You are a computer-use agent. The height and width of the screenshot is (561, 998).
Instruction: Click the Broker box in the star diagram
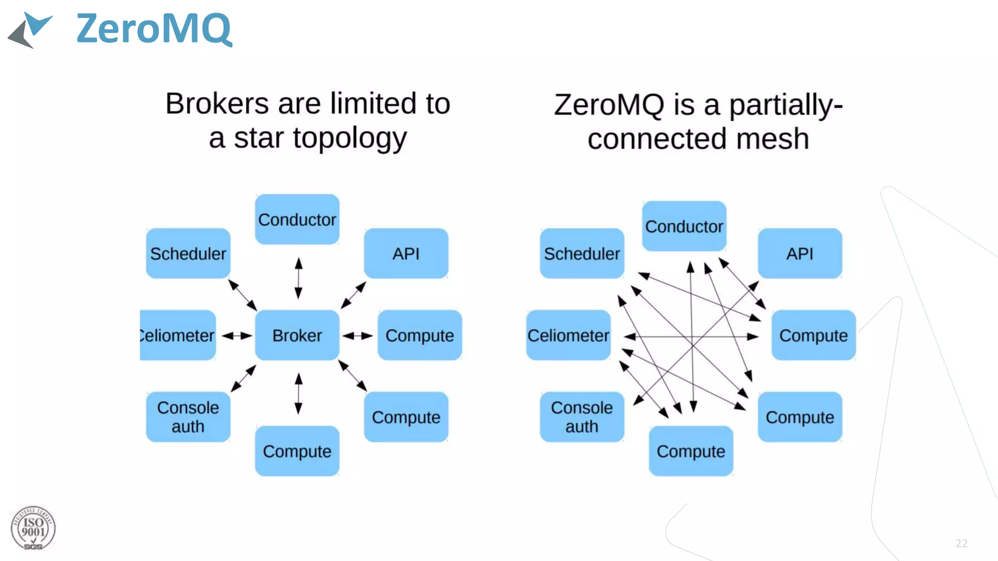tap(297, 336)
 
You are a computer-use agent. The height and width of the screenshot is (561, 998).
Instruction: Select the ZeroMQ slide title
tap(154, 29)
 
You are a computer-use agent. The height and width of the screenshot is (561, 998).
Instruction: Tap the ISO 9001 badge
tap(33, 528)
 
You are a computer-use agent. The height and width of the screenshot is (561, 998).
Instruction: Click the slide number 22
tap(961, 543)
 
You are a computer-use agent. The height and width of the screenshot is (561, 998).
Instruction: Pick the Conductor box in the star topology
tap(297, 220)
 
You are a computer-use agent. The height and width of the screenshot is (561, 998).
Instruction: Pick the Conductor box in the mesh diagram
tap(684, 226)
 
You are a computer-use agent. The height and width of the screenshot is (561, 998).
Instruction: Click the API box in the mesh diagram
tap(800, 254)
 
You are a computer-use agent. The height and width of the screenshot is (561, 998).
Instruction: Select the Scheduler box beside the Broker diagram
tap(188, 254)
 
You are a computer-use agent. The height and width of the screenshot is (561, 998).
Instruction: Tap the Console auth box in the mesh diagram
tap(581, 417)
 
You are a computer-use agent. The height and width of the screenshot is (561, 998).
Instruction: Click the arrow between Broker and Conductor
tap(299, 278)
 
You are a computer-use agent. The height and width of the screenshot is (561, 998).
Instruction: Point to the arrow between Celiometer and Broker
tap(237, 336)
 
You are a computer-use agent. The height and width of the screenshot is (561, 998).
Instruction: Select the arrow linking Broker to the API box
tap(353, 295)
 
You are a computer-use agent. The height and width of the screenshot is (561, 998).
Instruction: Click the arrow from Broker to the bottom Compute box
tap(299, 393)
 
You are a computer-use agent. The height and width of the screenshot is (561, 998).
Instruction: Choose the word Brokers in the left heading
tap(217, 104)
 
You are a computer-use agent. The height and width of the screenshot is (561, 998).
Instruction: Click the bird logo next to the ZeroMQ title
tap(30, 30)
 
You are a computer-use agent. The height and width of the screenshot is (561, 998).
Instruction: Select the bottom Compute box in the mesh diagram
tap(691, 451)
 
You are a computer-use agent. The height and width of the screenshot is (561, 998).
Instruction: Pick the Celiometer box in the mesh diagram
tap(568, 336)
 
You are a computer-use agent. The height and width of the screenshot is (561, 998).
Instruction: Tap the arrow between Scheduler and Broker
tap(243, 295)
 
